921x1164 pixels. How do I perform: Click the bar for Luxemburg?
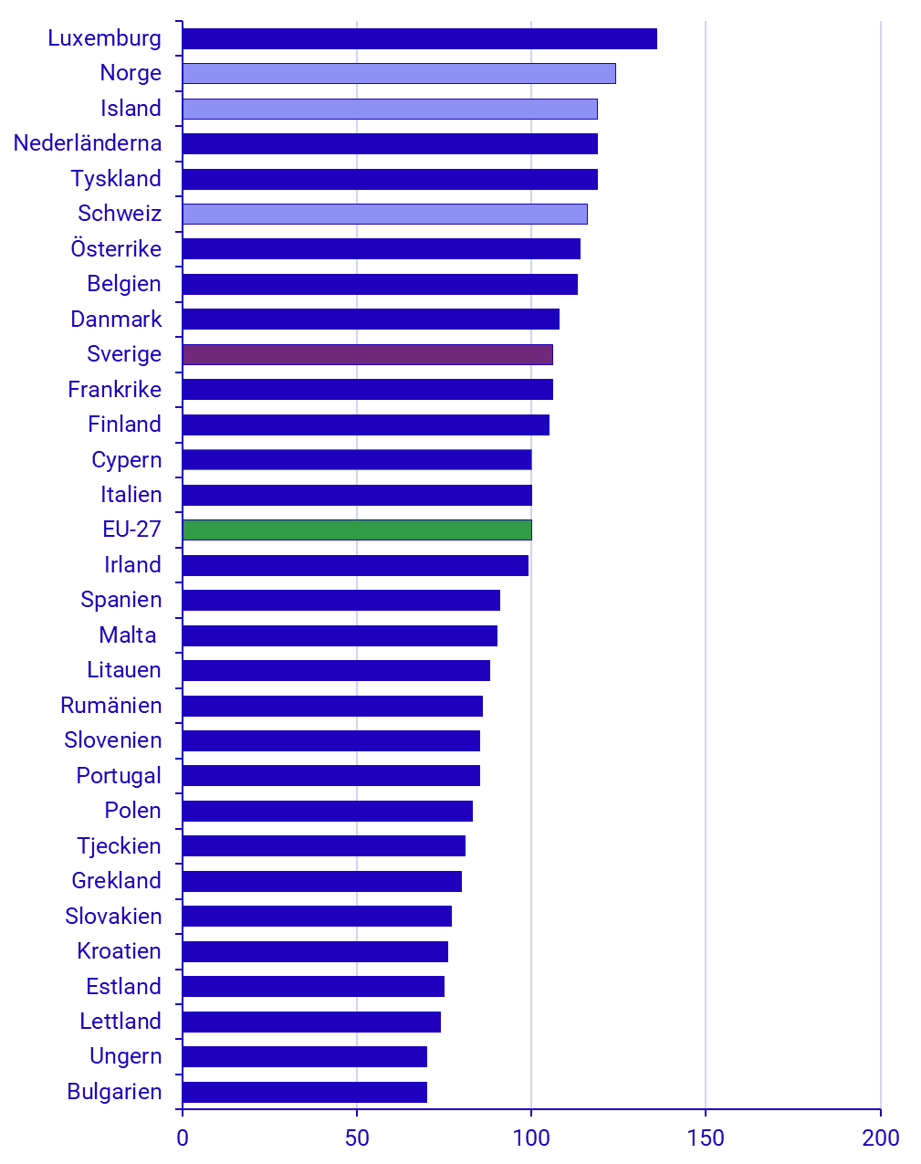(x=419, y=38)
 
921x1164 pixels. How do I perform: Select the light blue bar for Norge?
(x=399, y=73)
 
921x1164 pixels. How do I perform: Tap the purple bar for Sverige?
(x=367, y=354)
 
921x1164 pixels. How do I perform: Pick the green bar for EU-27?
(x=357, y=530)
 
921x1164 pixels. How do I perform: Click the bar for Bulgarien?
(x=304, y=1092)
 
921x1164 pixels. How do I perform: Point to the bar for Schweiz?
(x=384, y=214)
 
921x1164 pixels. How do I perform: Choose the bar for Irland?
(x=355, y=565)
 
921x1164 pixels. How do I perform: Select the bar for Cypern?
(x=357, y=459)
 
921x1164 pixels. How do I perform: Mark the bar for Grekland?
(x=321, y=881)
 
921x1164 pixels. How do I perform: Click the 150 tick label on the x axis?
(x=706, y=1138)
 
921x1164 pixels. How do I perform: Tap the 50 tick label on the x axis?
(x=357, y=1138)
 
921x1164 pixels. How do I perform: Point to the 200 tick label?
(x=881, y=1138)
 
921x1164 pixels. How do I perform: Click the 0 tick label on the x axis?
(x=183, y=1138)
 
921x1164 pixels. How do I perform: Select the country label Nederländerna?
(x=88, y=143)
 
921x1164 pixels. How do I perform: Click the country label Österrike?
(x=116, y=249)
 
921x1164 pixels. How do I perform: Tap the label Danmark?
(x=116, y=320)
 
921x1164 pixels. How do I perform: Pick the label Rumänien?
(x=111, y=706)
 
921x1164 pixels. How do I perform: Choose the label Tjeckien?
(x=120, y=846)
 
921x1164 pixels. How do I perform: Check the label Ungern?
(x=125, y=1056)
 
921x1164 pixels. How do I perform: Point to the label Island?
(x=131, y=109)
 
